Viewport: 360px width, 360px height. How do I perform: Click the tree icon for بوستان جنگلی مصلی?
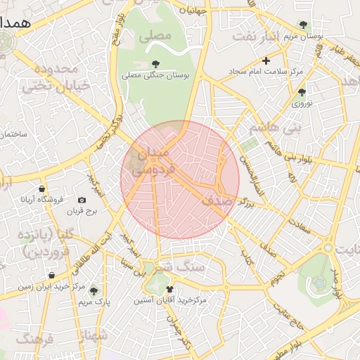155,64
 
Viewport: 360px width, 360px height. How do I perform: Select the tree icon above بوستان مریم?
303,25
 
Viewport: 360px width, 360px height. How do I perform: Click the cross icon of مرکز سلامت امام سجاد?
266,61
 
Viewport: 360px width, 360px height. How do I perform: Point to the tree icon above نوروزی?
302,92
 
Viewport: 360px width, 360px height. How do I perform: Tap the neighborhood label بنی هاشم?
274,128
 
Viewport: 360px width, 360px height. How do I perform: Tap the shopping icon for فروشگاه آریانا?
42,189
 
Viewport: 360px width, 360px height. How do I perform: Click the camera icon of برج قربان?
82,200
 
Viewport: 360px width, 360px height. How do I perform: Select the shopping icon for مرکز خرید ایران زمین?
51,276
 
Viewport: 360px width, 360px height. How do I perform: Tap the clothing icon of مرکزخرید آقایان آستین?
169,289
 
